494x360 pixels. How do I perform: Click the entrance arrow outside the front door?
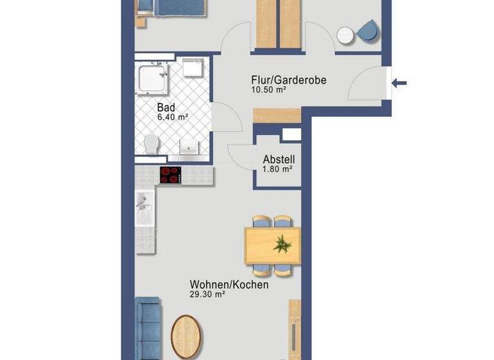(x=399, y=82)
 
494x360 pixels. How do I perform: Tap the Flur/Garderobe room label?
(x=289, y=80)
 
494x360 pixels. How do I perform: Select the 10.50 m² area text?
(x=268, y=91)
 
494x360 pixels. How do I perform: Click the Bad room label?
(x=165, y=109)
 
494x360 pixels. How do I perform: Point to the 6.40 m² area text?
(x=172, y=118)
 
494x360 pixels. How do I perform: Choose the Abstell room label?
(x=278, y=160)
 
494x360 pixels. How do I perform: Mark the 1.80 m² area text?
(x=277, y=170)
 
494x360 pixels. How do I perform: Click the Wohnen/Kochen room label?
(x=229, y=285)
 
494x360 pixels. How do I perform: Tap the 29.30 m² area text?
(x=206, y=294)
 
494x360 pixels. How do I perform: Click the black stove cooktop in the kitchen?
(x=171, y=175)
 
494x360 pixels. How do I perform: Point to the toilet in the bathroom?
(x=152, y=143)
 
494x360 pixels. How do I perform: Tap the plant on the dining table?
(x=282, y=244)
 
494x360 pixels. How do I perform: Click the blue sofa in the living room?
(x=148, y=327)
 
